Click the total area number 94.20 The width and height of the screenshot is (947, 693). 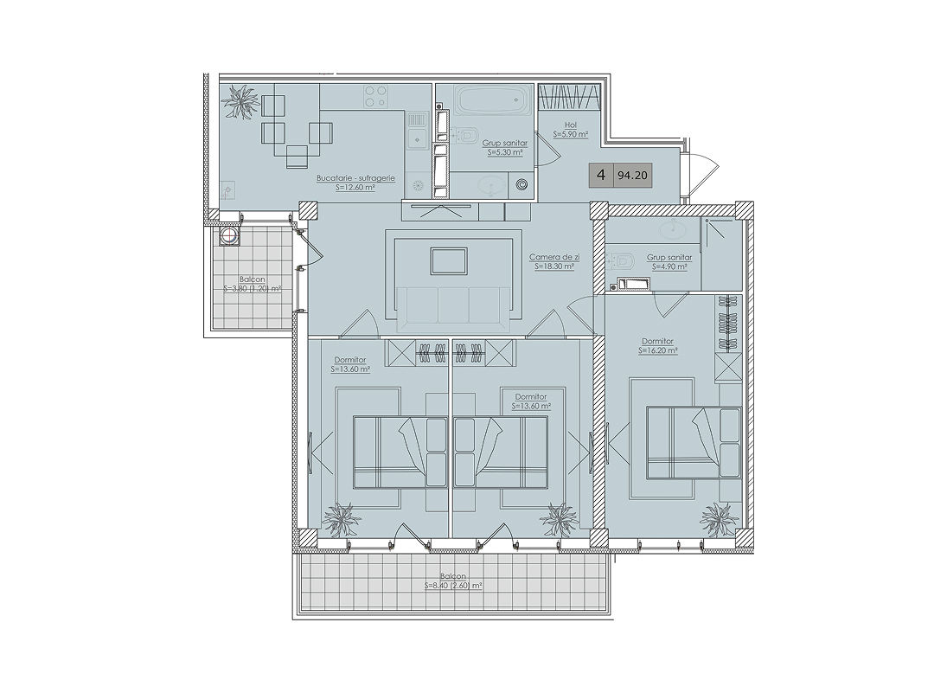tap(632, 176)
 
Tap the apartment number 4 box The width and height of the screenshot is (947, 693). tap(601, 176)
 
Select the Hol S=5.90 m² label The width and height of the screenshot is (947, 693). tap(571, 131)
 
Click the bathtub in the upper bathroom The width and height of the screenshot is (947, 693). tap(493, 99)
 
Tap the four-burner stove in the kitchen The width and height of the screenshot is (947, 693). tap(375, 96)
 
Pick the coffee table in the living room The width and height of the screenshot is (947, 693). tap(448, 261)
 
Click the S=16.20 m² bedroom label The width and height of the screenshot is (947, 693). tap(657, 350)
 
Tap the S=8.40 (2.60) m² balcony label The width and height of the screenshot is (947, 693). tap(453, 586)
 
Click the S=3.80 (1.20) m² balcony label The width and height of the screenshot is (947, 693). tap(253, 289)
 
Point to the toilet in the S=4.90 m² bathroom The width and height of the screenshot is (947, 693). tap(620, 260)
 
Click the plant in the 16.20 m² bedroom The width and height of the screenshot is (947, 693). tap(719, 517)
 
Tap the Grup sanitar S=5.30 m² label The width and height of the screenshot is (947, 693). tap(505, 148)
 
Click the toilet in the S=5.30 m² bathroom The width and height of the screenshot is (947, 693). tap(465, 135)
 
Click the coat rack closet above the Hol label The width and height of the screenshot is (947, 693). tap(569, 98)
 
